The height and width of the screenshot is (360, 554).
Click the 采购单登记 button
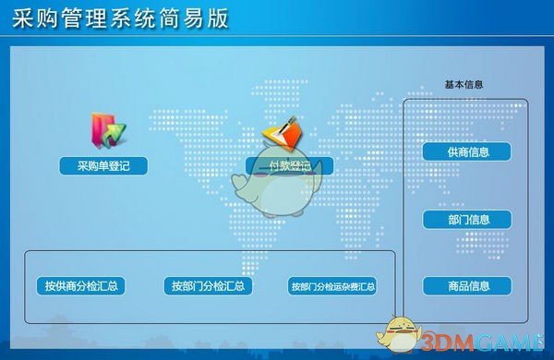tap(103, 166)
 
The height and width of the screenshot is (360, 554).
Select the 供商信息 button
tap(467, 151)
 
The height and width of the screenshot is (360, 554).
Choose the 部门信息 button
tap(467, 220)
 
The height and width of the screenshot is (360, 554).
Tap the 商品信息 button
tap(467, 286)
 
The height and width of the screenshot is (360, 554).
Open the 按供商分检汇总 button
tap(78, 286)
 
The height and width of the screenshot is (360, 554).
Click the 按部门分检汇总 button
tap(207, 286)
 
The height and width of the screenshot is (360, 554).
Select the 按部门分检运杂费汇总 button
tap(332, 286)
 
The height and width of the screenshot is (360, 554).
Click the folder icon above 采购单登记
tap(102, 130)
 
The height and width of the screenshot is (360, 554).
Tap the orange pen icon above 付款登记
tap(282, 135)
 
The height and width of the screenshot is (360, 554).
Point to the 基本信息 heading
tap(464, 85)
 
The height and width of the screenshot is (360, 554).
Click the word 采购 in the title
tap(36, 18)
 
